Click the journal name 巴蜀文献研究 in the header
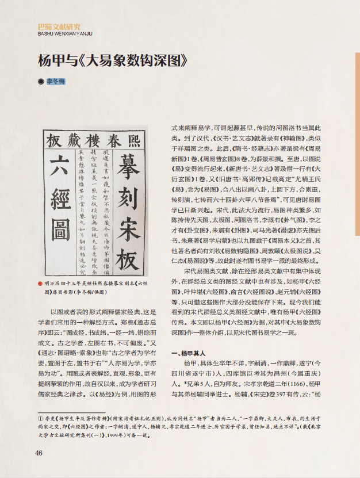click(x=59, y=26)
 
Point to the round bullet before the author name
click(x=40, y=82)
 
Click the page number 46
click(x=39, y=452)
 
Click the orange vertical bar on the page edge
click(x=357, y=95)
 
